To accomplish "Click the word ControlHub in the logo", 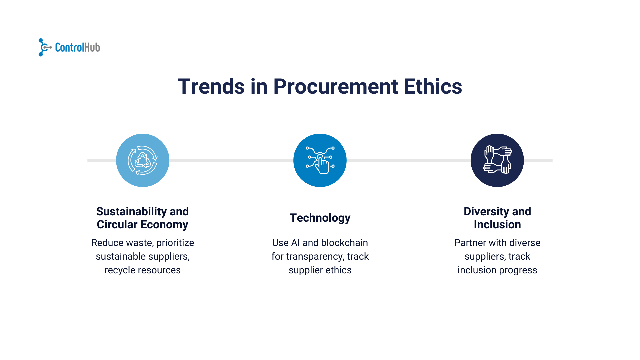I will click(77, 48).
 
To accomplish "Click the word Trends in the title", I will click(211, 87).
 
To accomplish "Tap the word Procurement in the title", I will click(335, 87).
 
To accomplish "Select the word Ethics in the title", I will click(433, 87).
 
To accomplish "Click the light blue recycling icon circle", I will click(143, 160).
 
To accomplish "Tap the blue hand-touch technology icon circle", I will click(320, 160).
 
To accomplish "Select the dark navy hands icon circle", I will click(497, 160).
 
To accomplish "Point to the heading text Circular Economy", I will click(142, 225).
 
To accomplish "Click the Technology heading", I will click(320, 218).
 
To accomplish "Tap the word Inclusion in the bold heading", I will click(497, 225).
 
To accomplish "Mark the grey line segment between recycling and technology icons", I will click(231, 160).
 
